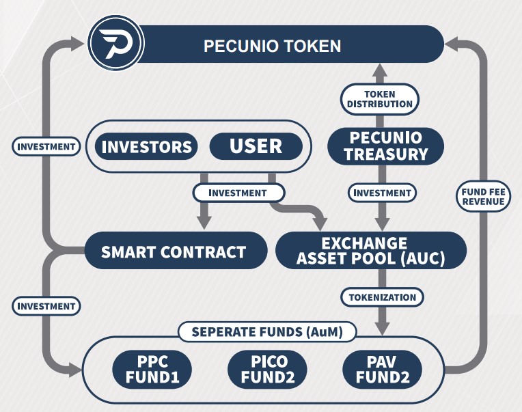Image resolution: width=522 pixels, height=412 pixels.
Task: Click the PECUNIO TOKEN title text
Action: coord(272,46)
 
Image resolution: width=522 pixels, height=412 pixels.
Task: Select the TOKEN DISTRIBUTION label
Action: coord(380,99)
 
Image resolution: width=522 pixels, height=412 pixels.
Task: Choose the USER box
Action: coord(256,146)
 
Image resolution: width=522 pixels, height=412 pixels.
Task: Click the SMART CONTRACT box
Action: coord(174,251)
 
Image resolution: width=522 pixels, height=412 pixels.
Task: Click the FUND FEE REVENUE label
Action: coord(482,196)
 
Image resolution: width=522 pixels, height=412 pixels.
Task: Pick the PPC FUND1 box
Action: coord(152,369)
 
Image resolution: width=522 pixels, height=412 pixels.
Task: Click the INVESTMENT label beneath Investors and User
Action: coord(237,193)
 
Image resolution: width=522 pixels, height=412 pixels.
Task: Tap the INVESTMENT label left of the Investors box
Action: coord(46,146)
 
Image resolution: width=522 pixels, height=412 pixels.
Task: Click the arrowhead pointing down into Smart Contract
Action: coord(203,221)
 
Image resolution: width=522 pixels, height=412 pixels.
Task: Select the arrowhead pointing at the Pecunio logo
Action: coord(78,44)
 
